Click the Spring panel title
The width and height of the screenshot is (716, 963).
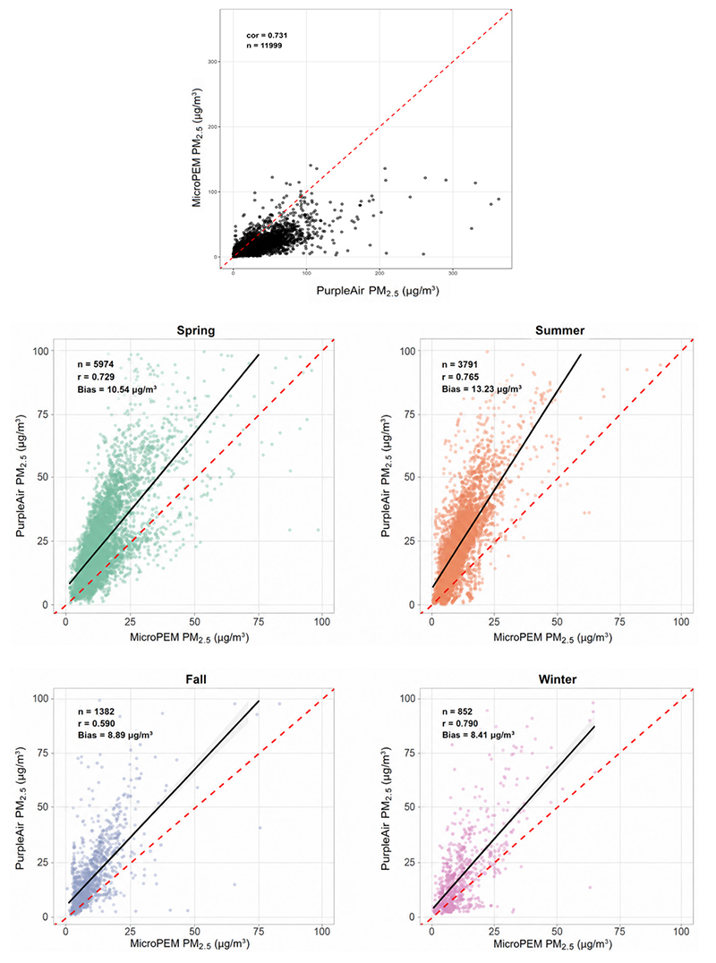point(196,330)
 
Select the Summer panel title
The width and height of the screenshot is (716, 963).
point(559,330)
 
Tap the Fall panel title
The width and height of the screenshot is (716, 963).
point(196,679)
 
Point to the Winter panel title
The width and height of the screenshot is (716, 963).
point(558,679)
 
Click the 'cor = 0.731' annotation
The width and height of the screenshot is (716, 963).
point(267,36)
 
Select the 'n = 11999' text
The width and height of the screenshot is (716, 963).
point(264,46)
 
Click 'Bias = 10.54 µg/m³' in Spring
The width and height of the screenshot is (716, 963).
point(116,389)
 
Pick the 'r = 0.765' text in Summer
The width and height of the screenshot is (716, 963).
point(460,377)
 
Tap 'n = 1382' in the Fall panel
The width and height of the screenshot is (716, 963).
point(96,712)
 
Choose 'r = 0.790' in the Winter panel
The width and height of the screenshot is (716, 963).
point(460,723)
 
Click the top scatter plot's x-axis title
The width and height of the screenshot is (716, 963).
point(378,291)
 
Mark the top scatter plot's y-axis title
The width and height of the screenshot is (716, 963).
point(197,148)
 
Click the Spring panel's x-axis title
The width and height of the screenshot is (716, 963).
point(189,637)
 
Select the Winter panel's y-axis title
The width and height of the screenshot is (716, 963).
point(386,808)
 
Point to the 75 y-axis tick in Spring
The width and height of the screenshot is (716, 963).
point(41,414)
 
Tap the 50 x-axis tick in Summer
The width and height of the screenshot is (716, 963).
point(557,621)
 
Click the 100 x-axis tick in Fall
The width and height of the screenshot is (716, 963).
point(322,931)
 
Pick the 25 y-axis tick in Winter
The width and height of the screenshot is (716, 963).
point(409,862)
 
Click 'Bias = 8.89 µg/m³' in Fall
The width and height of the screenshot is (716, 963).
point(115,735)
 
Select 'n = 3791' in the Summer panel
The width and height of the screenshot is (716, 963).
point(460,365)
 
